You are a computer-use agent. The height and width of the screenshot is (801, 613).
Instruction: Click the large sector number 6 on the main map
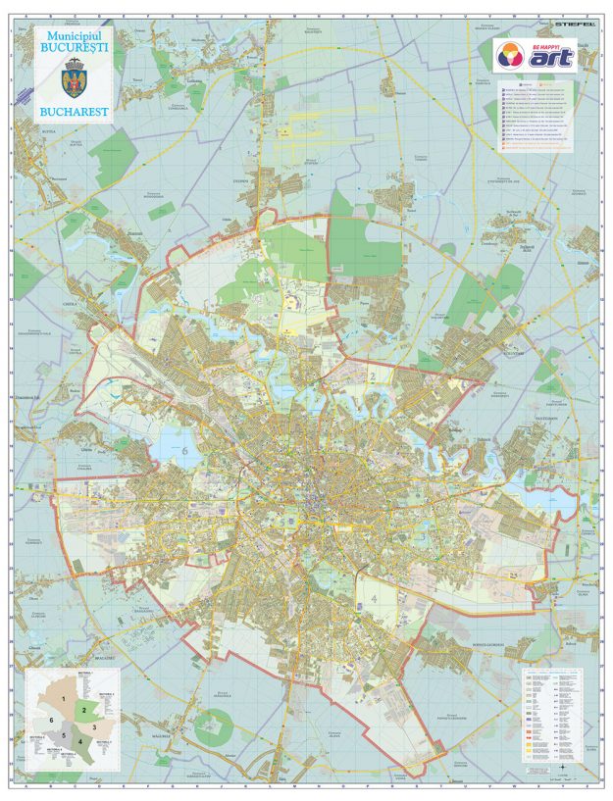point(183,450)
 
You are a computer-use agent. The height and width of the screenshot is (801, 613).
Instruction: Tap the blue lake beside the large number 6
point(166,446)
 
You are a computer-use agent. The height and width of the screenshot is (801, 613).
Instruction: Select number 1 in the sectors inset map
point(65,697)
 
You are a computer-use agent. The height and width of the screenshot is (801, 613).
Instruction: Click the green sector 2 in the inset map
point(85,709)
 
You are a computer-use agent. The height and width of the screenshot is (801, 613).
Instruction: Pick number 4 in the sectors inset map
point(80,742)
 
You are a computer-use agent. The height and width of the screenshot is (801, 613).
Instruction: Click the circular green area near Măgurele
point(213,728)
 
